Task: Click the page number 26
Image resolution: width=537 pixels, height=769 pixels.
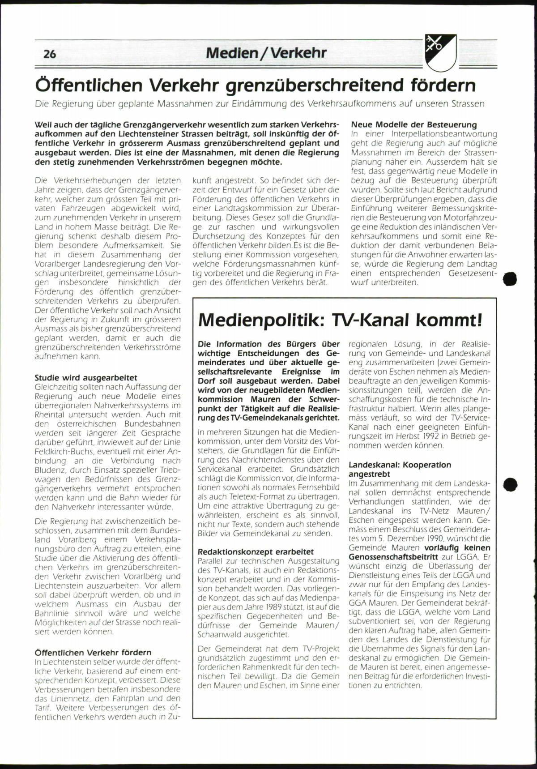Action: [x=50, y=54]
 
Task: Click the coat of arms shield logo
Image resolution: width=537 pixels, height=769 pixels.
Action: [x=440, y=53]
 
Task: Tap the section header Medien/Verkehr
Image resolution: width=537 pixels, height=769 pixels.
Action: [x=266, y=53]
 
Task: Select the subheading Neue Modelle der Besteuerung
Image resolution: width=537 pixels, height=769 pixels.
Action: [x=414, y=124]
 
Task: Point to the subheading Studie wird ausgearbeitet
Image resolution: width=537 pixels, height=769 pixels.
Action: [x=86, y=378]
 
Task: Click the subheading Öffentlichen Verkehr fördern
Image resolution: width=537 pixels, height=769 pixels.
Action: [x=93, y=652]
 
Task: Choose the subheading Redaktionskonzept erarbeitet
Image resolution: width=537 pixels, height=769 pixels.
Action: [x=256, y=552]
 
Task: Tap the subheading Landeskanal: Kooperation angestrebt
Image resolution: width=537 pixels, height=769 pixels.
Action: [x=400, y=469]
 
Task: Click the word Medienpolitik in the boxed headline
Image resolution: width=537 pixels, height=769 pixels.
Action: [x=261, y=320]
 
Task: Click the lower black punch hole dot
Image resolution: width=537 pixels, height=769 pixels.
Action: [x=510, y=484]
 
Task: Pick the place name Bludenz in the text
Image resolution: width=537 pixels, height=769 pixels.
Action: [x=50, y=470]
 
